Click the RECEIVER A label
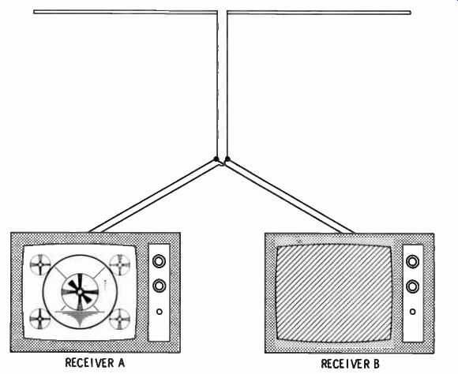point(95,363)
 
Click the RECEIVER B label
point(350,364)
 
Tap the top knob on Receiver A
point(160,261)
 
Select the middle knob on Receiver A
point(160,286)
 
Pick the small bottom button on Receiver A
point(160,312)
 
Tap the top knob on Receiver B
point(412,262)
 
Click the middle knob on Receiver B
point(412,286)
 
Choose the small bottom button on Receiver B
point(412,312)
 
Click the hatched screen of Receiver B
point(334,294)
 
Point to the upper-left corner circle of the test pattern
point(40,264)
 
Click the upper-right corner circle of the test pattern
point(120,264)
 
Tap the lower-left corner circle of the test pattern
point(40,319)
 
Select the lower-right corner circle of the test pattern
point(120,319)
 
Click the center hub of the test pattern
point(80,291)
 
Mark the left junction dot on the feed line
point(216,159)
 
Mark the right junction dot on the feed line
point(227,159)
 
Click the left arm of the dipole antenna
point(125,12)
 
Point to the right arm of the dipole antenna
point(319,13)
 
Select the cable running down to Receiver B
point(289,197)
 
